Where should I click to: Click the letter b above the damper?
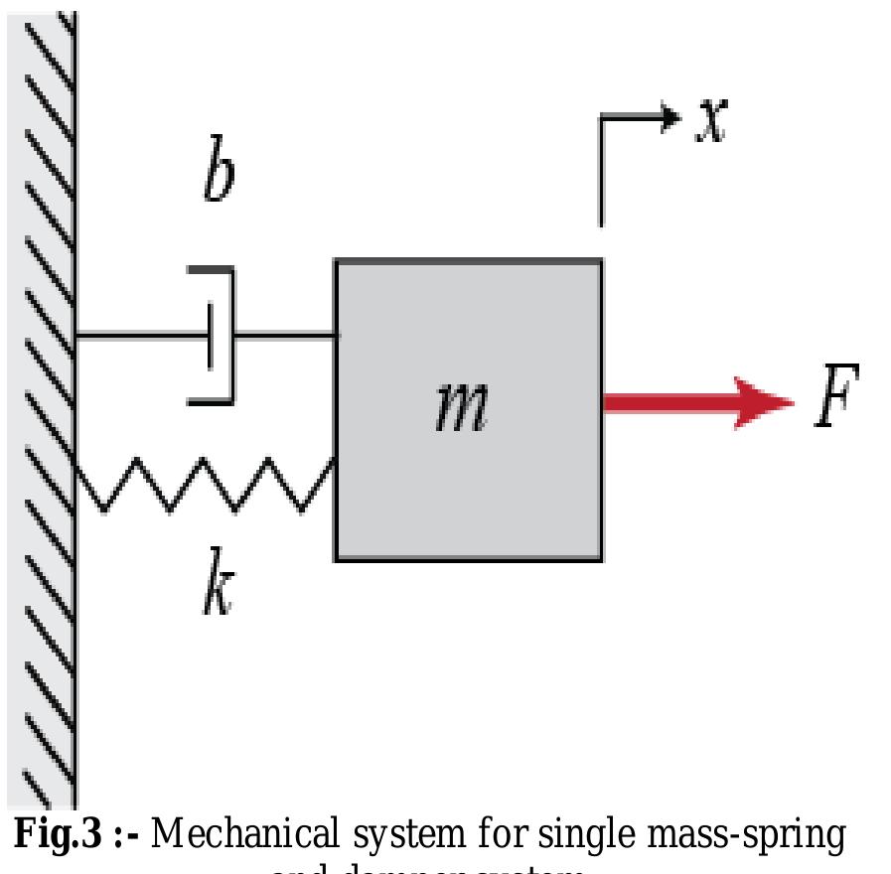[x=219, y=177]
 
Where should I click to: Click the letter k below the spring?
[x=218, y=590]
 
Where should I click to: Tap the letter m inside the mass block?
[x=462, y=408]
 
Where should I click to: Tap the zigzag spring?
[x=204, y=485]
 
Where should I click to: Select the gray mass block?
[x=468, y=477]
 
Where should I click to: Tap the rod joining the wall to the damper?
[x=139, y=336]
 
